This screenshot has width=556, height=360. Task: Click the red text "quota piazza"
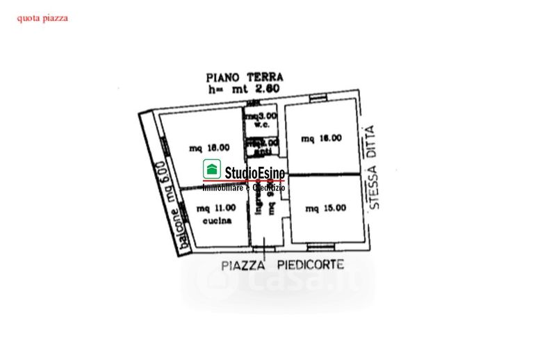click(42, 18)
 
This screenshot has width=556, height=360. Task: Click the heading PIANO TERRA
click(245, 79)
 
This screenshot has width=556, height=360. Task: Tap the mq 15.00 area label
click(325, 206)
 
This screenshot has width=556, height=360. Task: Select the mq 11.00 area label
click(213, 208)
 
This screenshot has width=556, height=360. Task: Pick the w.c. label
click(261, 126)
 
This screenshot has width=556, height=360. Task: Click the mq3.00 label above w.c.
click(261, 116)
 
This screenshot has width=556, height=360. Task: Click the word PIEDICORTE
click(311, 265)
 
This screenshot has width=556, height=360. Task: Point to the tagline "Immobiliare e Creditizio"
click(243, 188)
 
